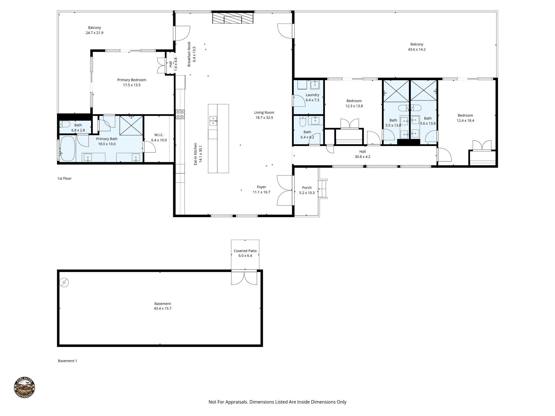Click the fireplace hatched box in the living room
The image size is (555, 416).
pyautogui.click(x=233, y=18)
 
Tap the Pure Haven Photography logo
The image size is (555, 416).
pyautogui.click(x=24, y=388)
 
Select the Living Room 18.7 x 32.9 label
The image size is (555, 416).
pyautogui.click(x=264, y=115)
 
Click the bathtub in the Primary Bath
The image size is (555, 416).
pyautogui.click(x=67, y=149)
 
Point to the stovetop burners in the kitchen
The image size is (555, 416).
pyautogui.click(x=180, y=114)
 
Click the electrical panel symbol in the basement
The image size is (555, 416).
pyautogui.click(x=64, y=283)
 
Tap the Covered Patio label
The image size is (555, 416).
pyautogui.click(x=245, y=253)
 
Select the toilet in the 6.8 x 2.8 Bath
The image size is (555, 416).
pyautogui.click(x=65, y=125)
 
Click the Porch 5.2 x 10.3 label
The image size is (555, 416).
pyautogui.click(x=307, y=190)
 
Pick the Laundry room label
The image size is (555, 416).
pyautogui.click(x=312, y=97)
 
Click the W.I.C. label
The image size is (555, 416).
pyautogui.click(x=159, y=137)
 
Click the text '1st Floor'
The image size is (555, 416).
pyautogui.click(x=64, y=178)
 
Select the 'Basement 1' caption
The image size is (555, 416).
pyautogui.click(x=67, y=361)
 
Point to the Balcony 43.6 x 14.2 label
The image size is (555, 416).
pyautogui.click(x=417, y=47)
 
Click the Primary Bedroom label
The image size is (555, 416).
pyautogui.click(x=131, y=82)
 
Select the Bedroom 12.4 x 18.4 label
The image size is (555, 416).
pyautogui.click(x=465, y=118)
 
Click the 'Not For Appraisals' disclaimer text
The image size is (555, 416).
pyautogui.click(x=277, y=402)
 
